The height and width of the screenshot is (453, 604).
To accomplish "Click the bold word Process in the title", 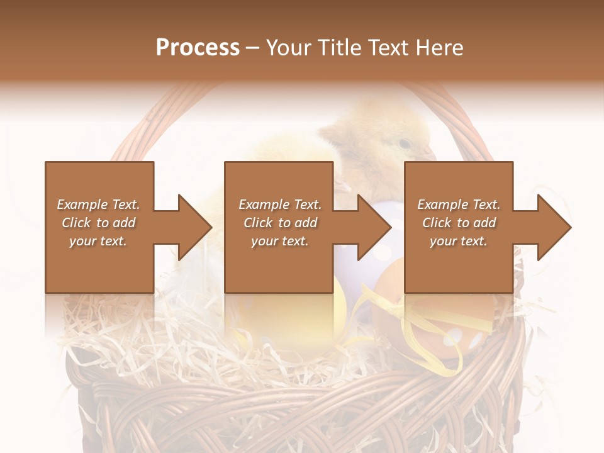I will [x=198, y=47].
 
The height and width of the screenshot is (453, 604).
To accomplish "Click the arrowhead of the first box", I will [x=195, y=227].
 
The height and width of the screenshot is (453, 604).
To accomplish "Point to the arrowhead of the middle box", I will [x=374, y=227].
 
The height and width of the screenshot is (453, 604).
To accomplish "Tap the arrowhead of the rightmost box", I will [x=554, y=227].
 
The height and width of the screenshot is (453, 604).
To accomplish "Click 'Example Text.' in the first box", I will [x=98, y=204].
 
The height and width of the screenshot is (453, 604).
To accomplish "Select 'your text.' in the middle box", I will [x=279, y=241].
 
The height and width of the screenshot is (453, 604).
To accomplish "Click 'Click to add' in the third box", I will [x=459, y=223].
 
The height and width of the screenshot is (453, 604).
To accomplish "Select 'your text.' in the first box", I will [x=98, y=241].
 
